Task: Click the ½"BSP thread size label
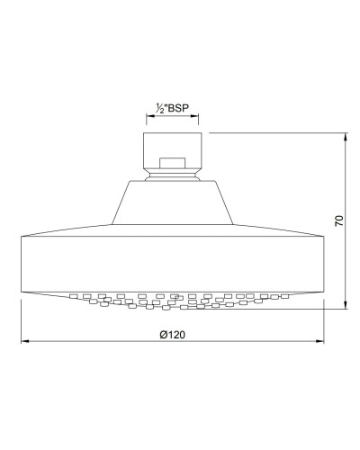pyautogui.click(x=174, y=108)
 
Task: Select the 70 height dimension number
pyautogui.click(x=337, y=221)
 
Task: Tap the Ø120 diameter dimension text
pyautogui.click(x=173, y=334)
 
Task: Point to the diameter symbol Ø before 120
pyautogui.click(x=163, y=334)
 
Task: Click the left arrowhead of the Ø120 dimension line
pyautogui.click(x=23, y=342)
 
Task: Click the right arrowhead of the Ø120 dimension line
pyautogui.click(x=322, y=342)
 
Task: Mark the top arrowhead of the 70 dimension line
pyautogui.click(x=346, y=137)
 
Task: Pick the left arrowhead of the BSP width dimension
pyautogui.click(x=148, y=117)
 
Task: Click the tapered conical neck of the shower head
pyautogui.click(x=173, y=202)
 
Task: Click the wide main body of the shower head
pyautogui.click(x=173, y=261)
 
